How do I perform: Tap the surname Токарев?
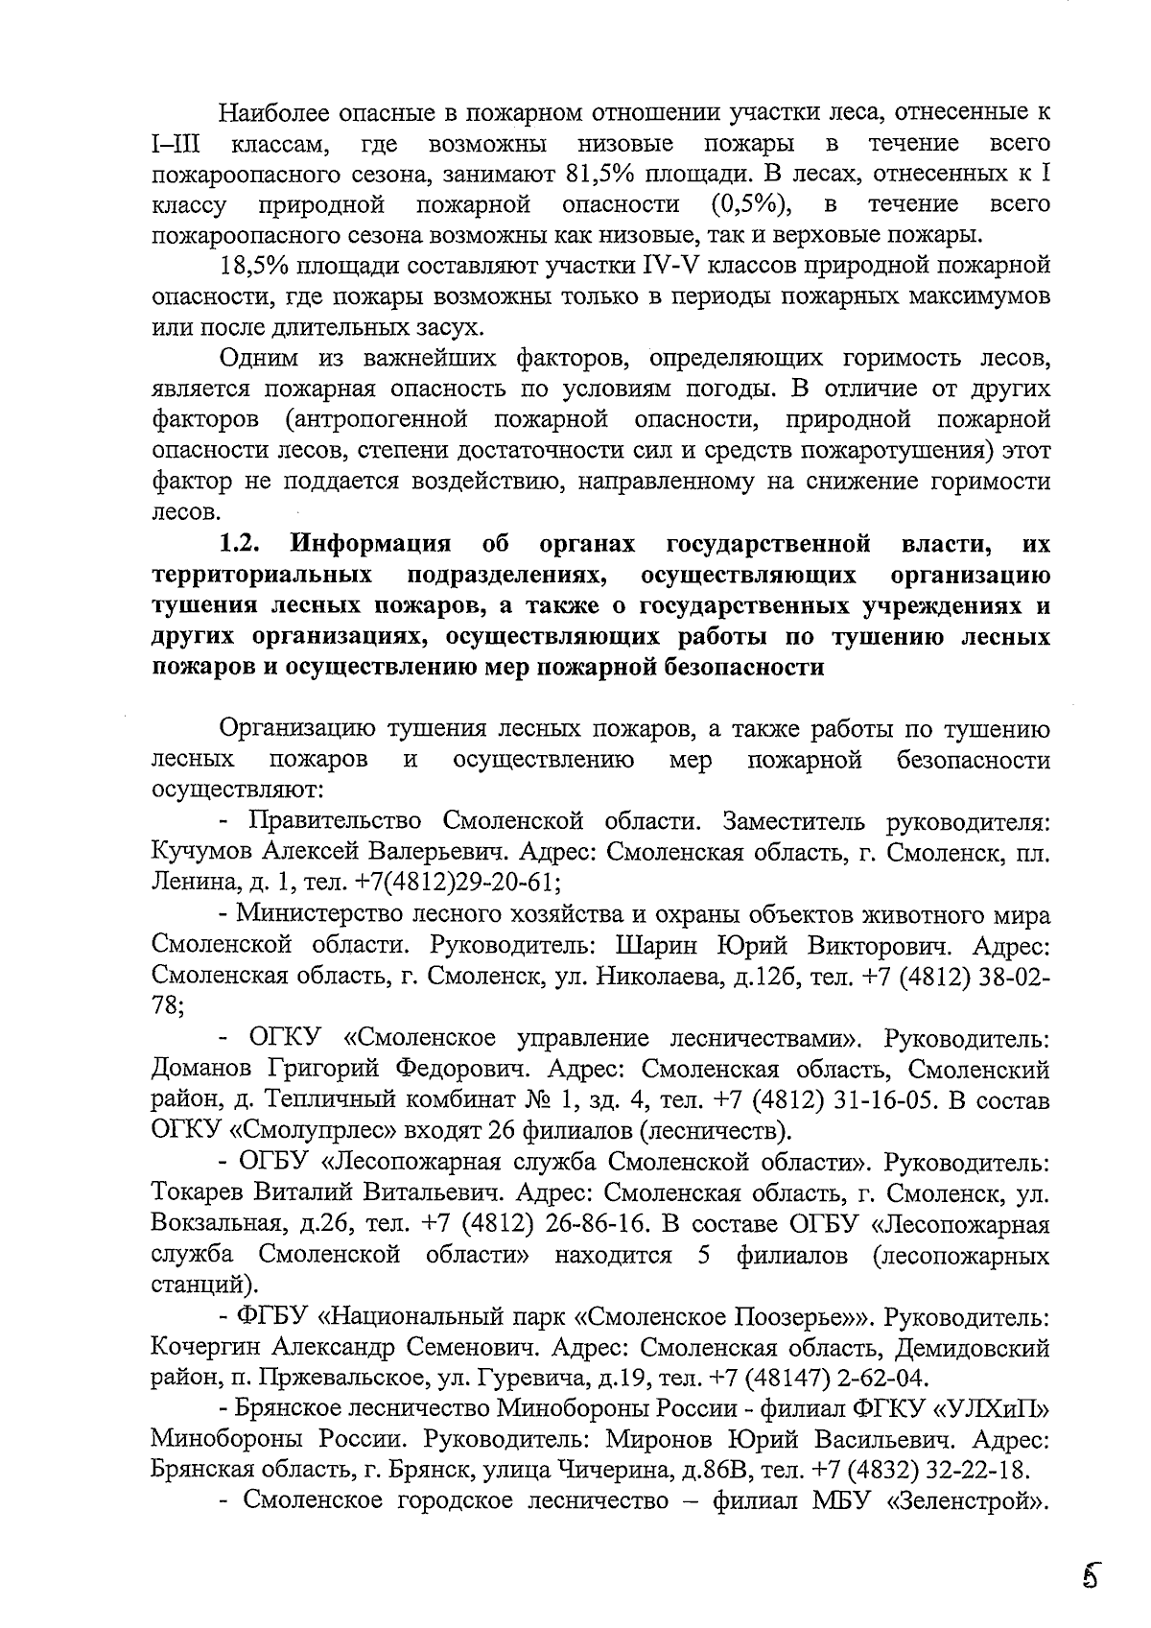tap(199, 1192)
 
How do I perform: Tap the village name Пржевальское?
tap(344, 1379)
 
